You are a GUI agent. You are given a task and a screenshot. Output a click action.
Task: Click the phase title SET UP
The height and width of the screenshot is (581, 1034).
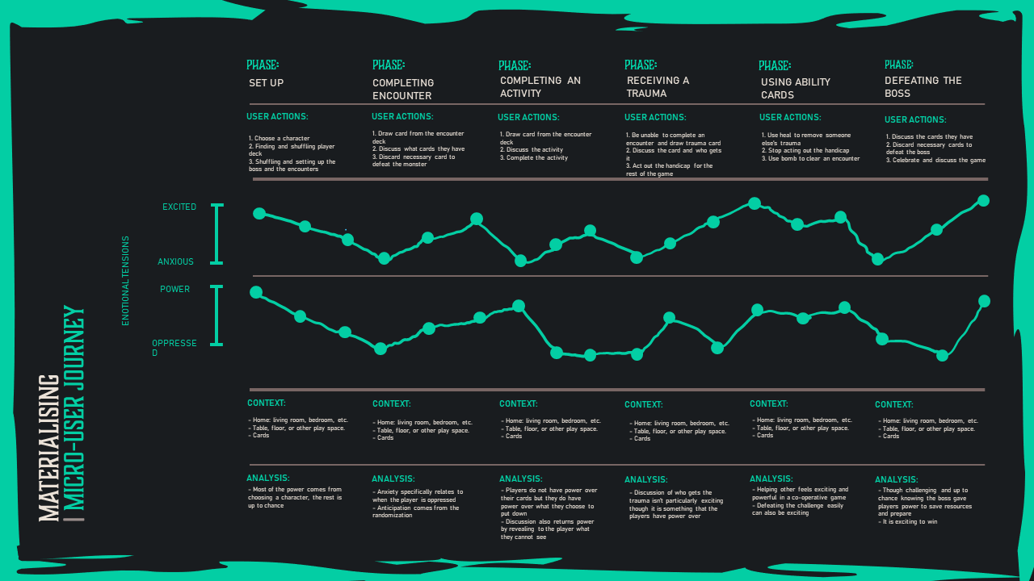click(x=266, y=83)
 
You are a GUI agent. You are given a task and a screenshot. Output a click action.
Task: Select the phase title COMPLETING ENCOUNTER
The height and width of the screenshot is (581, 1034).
click(x=403, y=89)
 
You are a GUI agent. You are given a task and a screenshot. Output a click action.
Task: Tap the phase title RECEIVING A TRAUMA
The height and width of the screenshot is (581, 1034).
click(x=658, y=86)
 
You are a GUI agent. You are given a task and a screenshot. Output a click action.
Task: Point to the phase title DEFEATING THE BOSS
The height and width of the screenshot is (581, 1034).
click(x=923, y=86)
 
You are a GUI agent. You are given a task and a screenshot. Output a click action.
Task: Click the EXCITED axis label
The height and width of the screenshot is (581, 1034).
click(x=179, y=207)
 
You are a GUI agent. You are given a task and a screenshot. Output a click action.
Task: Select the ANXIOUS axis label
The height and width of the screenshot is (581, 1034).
click(x=175, y=262)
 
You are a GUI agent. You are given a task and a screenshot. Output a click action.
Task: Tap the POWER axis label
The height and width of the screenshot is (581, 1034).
click(x=174, y=290)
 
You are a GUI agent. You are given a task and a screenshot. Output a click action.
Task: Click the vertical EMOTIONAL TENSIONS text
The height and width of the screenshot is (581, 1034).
click(x=125, y=281)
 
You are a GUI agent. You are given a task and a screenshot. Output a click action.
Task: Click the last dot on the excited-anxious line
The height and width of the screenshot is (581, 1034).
click(x=983, y=201)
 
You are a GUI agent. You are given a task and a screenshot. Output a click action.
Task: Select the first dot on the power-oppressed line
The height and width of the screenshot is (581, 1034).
click(x=256, y=292)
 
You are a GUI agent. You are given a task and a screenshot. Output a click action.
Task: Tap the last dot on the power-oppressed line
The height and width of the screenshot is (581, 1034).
click(x=984, y=301)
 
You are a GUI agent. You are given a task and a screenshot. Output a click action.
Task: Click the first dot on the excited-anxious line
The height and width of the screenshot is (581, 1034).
click(x=259, y=213)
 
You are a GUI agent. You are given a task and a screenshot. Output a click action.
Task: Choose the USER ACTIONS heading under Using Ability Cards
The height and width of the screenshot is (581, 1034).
click(x=791, y=118)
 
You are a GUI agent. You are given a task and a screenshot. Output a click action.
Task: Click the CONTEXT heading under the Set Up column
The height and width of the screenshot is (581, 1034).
click(x=267, y=403)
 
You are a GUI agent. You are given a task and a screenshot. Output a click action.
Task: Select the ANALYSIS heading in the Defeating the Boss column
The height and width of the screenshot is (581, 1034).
click(x=896, y=479)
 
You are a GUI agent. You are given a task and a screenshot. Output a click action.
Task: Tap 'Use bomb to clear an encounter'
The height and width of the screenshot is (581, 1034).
click(x=810, y=158)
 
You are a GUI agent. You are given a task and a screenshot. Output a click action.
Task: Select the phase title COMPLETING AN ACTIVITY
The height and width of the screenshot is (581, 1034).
click(x=540, y=86)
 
